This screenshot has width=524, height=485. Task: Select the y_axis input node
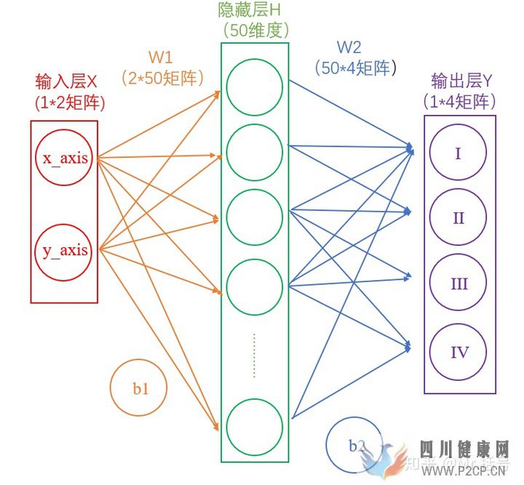pos(63,251)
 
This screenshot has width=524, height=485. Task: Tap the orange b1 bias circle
pos(138,389)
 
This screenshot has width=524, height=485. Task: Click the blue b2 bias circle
pos(354,446)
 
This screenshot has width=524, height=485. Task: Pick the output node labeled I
pos(458,154)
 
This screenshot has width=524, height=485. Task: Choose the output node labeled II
pos(458,218)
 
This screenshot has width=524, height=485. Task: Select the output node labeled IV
pos(458,353)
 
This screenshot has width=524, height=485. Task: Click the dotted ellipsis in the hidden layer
pos(254,355)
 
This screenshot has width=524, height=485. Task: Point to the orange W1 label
pos(162,56)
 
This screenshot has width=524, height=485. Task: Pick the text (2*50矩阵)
pos(162,77)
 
